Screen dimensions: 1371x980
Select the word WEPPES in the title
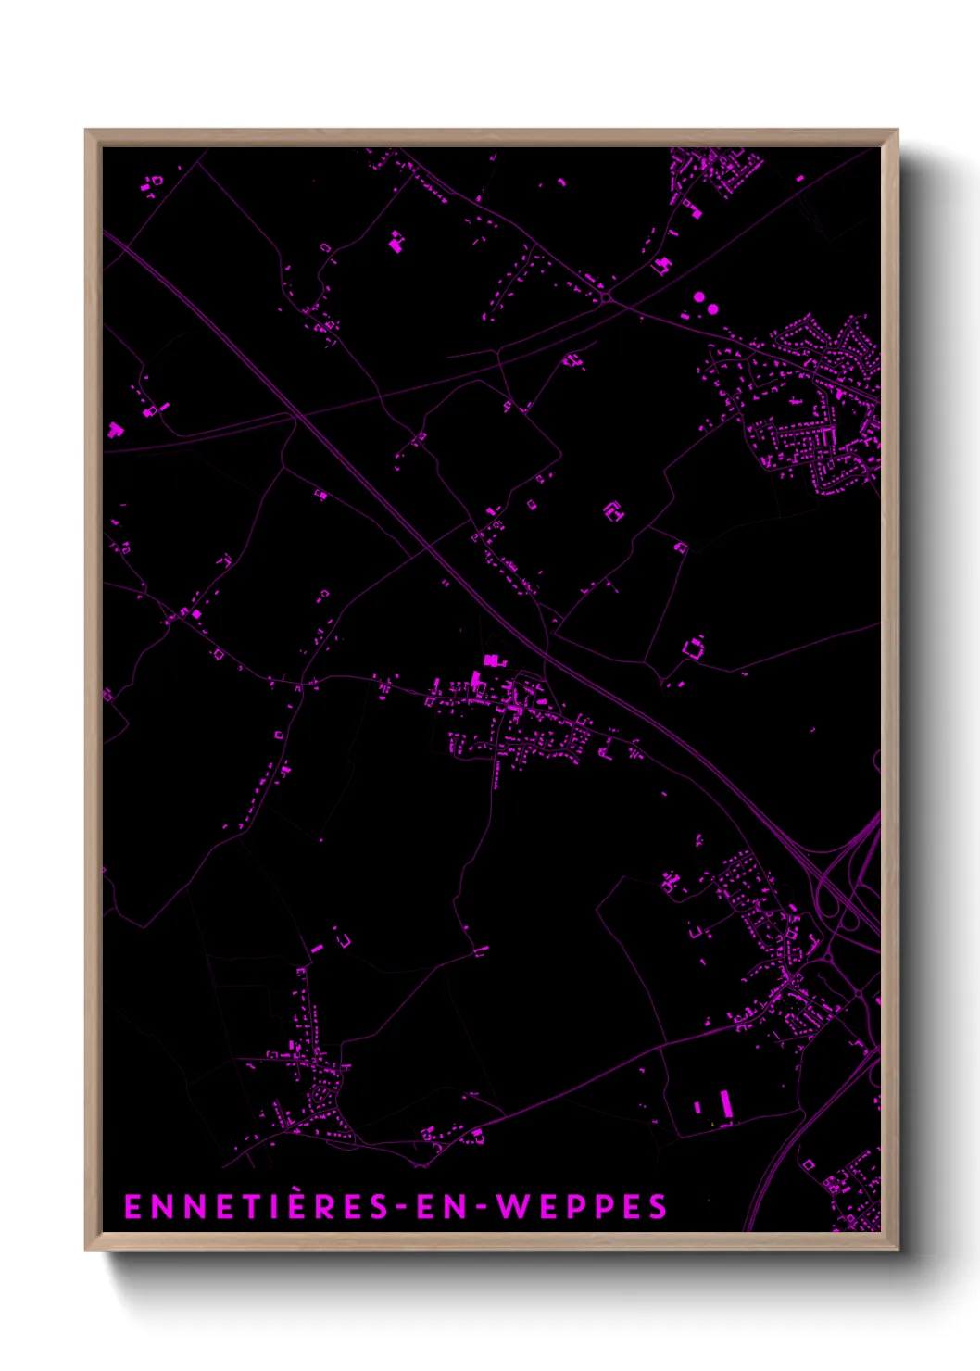point(582,1206)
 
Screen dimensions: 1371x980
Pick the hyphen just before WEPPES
point(480,1207)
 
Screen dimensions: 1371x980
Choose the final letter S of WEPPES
point(658,1206)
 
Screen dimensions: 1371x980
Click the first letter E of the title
point(132,1206)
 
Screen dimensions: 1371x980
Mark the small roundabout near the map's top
point(606,297)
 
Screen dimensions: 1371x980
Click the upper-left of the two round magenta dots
point(699,297)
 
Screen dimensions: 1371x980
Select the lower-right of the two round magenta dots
point(712,308)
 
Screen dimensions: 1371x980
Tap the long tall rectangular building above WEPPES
point(726,1103)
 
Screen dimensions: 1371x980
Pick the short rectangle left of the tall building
point(697,1107)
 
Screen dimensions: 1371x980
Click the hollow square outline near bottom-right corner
point(809,1163)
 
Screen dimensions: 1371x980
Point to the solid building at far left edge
point(115,429)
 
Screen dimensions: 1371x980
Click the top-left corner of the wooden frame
point(86,131)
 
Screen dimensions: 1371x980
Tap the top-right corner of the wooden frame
point(897,131)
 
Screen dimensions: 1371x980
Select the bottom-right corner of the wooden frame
point(897,1249)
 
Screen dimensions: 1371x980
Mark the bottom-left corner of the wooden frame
point(86,1249)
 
